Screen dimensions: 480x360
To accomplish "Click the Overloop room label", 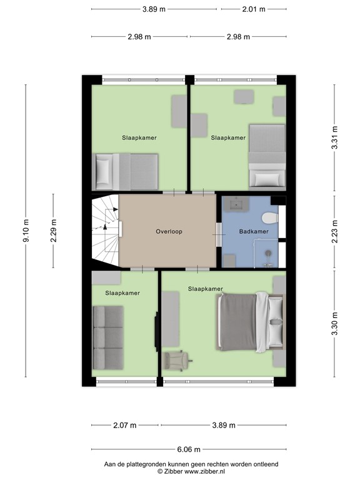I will click(x=168, y=231).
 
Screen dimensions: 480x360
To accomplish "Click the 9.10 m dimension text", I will click(x=26, y=231).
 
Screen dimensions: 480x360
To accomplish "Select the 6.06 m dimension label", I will click(x=189, y=449).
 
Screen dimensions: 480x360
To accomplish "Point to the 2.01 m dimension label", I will click(x=252, y=9).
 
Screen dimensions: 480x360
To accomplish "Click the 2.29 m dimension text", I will click(x=54, y=231).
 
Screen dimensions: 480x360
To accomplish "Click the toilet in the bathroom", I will click(x=270, y=218).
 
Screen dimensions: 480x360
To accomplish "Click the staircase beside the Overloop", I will click(x=104, y=230).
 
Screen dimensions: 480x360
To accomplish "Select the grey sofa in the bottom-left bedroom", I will click(x=107, y=337).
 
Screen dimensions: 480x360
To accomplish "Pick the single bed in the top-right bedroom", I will click(x=266, y=156).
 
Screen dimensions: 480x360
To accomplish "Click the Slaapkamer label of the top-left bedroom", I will click(x=139, y=137).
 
